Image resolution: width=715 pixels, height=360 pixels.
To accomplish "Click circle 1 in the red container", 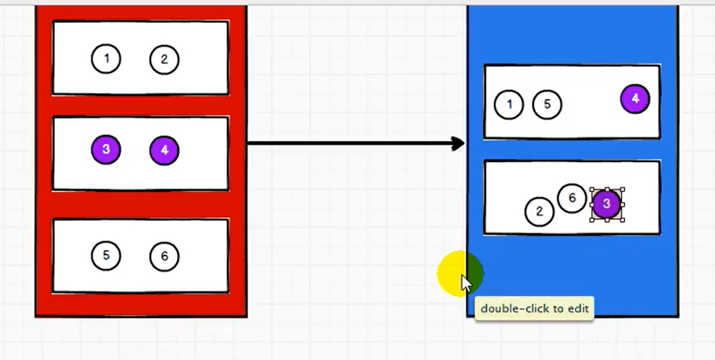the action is [106, 59].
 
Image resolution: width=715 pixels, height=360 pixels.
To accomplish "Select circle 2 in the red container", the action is [164, 60].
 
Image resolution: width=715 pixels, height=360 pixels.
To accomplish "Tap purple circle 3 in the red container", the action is [106, 150].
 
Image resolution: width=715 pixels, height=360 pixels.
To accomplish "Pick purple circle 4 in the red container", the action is [164, 151].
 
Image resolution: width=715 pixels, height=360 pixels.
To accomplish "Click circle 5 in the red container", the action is [106, 255].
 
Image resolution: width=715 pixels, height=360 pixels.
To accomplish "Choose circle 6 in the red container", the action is [164, 256].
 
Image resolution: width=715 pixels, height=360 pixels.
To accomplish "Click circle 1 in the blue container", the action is [509, 105].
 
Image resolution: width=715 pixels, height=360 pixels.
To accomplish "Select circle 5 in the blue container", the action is [548, 105].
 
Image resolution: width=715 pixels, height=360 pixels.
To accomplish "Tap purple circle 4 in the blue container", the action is [635, 99].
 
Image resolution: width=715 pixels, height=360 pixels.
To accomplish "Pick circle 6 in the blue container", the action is [572, 198].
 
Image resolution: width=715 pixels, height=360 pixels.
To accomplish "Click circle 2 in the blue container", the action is [540, 212].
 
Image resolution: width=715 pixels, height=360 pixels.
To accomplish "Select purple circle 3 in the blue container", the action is [607, 204].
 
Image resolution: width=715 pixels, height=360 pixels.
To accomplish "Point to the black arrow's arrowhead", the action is [459, 143].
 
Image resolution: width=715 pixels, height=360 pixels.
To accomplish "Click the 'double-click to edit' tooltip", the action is [534, 308].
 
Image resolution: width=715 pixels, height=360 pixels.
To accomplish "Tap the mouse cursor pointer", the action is [466, 281].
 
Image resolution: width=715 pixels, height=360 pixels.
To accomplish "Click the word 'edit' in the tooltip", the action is [578, 308].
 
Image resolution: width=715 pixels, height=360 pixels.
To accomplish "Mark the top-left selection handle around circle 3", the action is [591, 190].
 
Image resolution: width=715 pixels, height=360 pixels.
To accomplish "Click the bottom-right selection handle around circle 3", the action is [622, 220].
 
